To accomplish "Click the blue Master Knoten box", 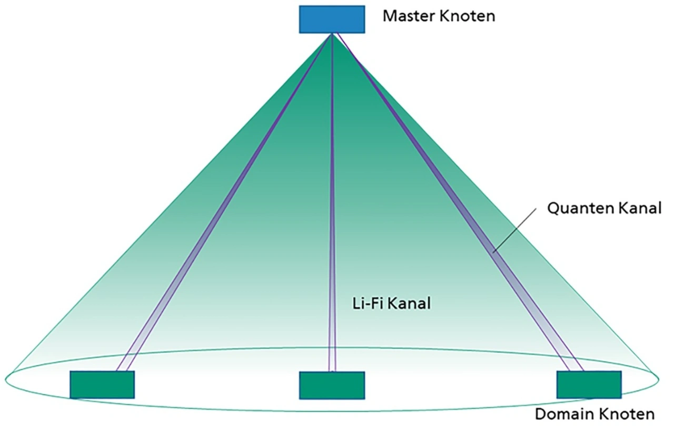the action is point(332,20).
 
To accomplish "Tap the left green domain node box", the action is point(102,385).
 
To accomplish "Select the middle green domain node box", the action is point(332,385).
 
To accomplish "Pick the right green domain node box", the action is point(589,385).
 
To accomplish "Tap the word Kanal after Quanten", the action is point(640,208).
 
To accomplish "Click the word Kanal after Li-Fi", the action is point(409,303).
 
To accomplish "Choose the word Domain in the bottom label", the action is point(563,414).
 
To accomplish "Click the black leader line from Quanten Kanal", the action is point(514,229).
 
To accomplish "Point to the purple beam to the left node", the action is point(225,202).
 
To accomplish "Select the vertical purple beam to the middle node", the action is point(332,202).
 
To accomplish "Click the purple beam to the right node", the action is point(460,202).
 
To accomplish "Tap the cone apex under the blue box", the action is point(332,33).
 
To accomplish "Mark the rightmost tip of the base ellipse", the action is point(659,380).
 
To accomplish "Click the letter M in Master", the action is point(389,16).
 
